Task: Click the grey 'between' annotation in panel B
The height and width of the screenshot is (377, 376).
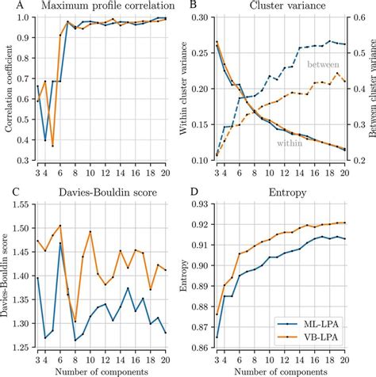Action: (322, 63)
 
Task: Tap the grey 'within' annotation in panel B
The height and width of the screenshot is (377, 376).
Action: (290, 143)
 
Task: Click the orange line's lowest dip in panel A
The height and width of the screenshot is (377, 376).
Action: (52, 146)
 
